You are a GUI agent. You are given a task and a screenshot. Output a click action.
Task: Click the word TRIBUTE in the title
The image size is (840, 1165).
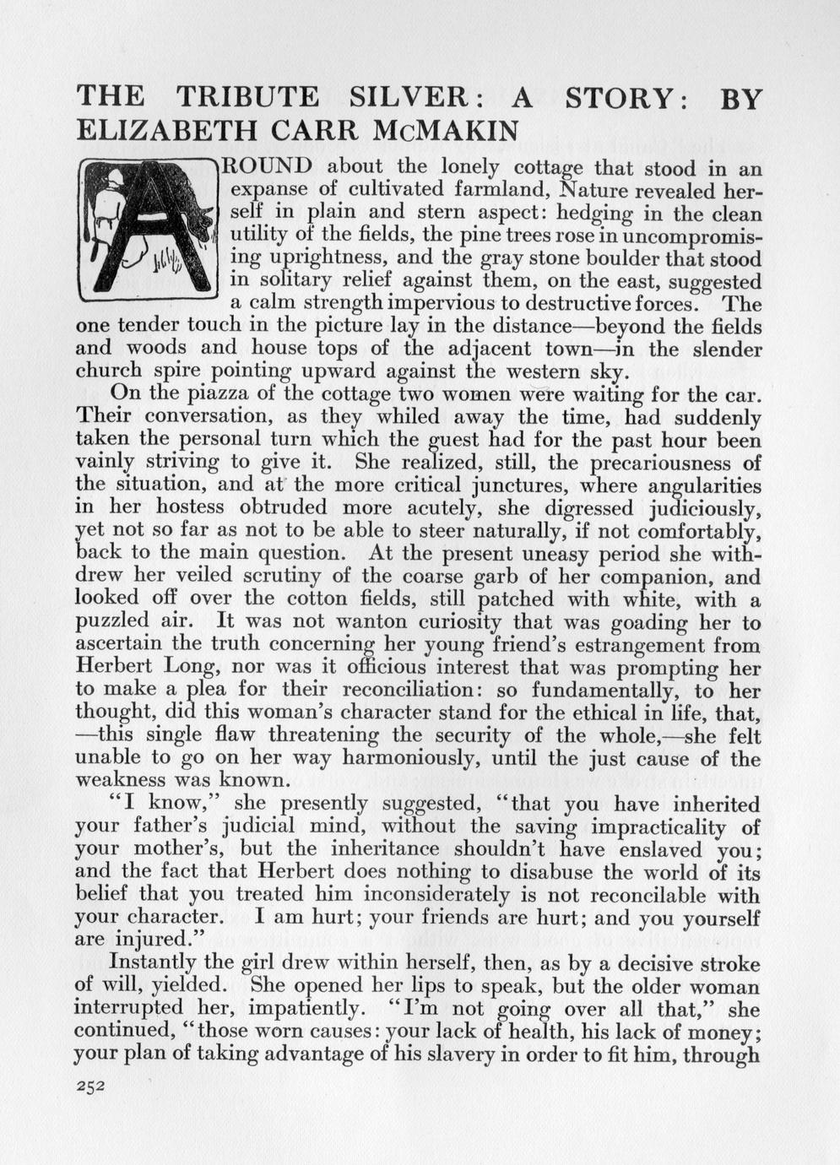[x=248, y=98]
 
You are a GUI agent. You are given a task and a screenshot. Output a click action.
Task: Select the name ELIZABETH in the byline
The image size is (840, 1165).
[x=151, y=131]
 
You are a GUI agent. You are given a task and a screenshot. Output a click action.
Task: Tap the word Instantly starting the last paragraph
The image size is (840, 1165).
[x=154, y=963]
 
